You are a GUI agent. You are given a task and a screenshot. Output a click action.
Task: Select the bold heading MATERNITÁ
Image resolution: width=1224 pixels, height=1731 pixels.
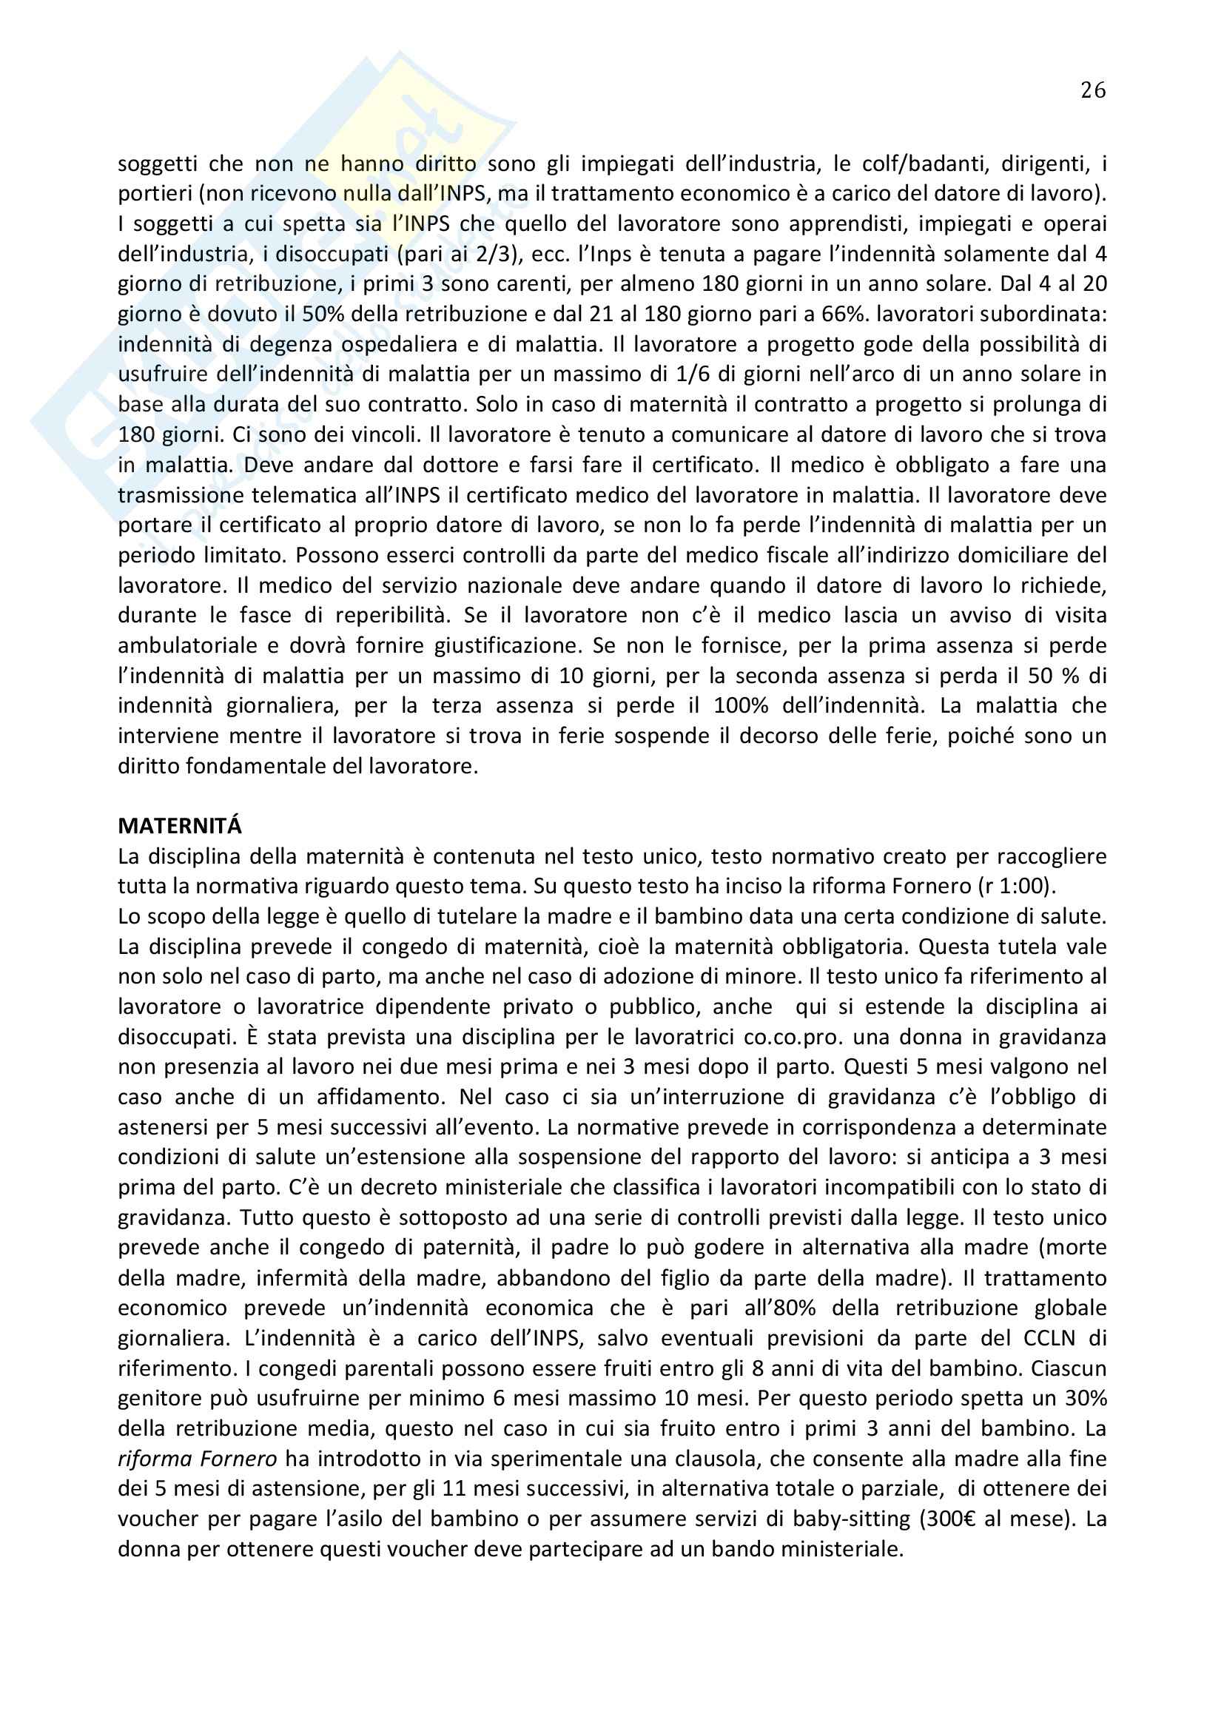tap(179, 827)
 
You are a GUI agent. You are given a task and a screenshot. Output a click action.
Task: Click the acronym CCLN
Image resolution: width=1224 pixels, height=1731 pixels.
tap(1051, 1338)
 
